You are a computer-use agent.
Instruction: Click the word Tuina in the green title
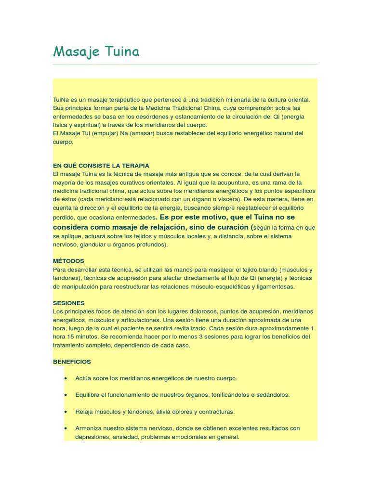120,51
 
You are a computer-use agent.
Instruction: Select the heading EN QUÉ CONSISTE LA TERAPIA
101,165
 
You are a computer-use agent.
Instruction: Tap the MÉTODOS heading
68,261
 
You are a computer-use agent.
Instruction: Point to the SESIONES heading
69,303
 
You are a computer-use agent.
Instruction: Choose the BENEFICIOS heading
72,362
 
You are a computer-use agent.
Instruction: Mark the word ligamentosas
277,286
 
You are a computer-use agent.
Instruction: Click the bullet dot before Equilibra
65,395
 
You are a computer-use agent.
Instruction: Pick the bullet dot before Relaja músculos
65,412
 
